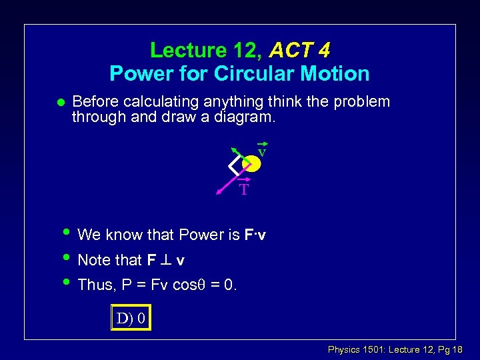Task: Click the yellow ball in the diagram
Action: pos(251,163)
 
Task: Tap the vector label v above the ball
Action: pos(262,152)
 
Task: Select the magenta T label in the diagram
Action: pos(244,190)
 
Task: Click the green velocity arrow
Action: pos(238,152)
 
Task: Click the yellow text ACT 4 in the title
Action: pos(300,50)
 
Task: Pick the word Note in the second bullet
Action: pos(93,260)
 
